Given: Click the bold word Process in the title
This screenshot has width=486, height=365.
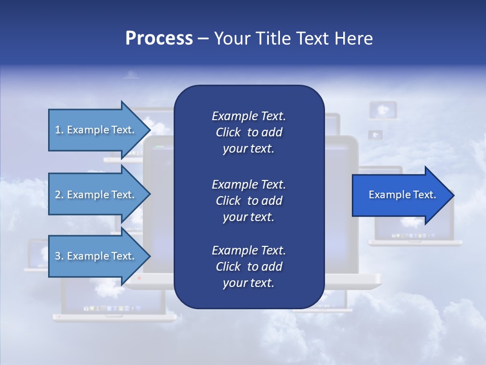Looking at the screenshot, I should tap(159, 39).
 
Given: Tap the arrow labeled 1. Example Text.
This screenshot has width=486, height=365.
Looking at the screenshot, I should tap(96, 130).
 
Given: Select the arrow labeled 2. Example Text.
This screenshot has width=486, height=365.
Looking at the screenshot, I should tap(96, 195).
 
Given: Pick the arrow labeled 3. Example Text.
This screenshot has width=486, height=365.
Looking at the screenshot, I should tap(96, 256).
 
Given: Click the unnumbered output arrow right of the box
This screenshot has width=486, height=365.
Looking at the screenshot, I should tap(400, 195).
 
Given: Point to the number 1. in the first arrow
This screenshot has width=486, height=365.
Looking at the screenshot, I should tap(59, 130).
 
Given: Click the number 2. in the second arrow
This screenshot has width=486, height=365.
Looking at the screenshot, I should tap(59, 195).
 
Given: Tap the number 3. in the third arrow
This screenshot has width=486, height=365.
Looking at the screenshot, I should tap(59, 256).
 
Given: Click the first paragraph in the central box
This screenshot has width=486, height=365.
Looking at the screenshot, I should tap(249, 132).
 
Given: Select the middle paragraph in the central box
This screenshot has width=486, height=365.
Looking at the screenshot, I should tap(249, 201).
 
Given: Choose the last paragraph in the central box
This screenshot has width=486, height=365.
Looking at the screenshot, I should tap(249, 267).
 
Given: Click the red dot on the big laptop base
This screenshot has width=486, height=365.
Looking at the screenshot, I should tap(139, 278).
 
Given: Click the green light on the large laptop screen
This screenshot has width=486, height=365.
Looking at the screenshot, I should tap(160, 148).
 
